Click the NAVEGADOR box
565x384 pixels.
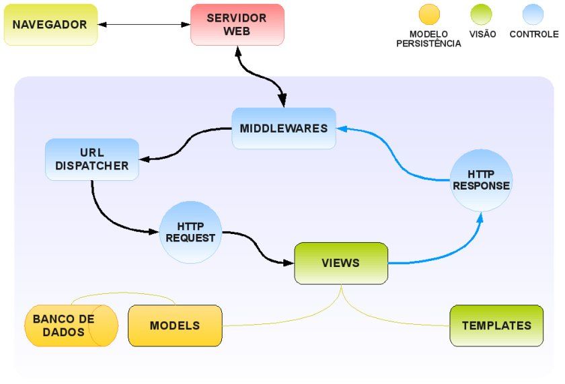(50, 25)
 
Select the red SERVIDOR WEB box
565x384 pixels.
(237, 25)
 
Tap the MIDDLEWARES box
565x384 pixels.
(283, 128)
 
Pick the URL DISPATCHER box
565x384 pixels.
(92, 159)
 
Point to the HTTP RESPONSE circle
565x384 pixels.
(481, 180)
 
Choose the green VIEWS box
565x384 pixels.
(341, 263)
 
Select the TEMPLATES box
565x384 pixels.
(496, 325)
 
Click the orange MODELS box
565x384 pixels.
(175, 325)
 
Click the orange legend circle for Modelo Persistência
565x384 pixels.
(429, 14)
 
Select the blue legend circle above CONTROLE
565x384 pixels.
(533, 14)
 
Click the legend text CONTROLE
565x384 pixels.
(533, 34)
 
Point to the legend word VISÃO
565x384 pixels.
(482, 34)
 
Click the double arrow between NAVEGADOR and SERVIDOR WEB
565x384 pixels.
(144, 25)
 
